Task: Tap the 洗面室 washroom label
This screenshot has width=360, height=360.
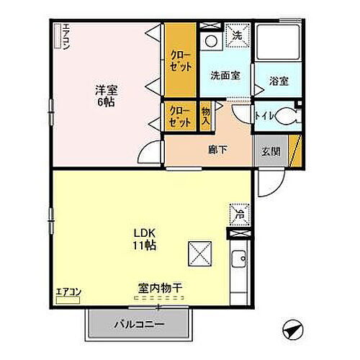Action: click(x=225, y=75)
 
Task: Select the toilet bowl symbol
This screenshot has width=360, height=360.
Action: click(x=287, y=116)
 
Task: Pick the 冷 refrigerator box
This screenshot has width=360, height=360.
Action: click(x=238, y=213)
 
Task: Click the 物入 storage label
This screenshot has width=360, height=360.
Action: click(x=206, y=115)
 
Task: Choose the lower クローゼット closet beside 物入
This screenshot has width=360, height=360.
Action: click(x=180, y=115)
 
